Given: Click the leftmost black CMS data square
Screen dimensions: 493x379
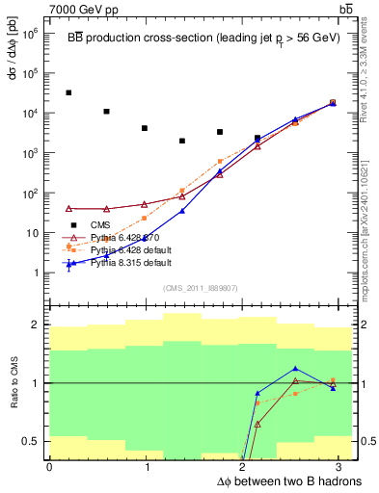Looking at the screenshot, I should [x=68, y=92].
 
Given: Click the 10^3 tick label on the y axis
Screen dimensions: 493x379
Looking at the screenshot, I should [x=31, y=152].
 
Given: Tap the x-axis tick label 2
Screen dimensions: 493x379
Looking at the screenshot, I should [x=246, y=467].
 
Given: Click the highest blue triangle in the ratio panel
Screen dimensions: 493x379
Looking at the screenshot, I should [x=295, y=369].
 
